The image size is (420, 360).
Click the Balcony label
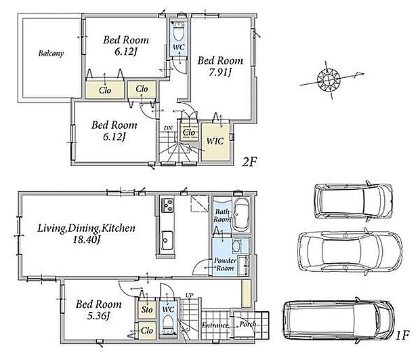tap(51, 54)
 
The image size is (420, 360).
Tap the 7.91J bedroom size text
tap(220, 73)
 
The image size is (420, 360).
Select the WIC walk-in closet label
tap(215, 141)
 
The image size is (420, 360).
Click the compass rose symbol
tap(329, 79)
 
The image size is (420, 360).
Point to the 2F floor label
tap(249, 162)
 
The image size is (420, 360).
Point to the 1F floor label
tap(402, 336)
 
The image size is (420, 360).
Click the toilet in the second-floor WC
tap(178, 31)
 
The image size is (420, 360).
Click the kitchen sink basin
tap(167, 241)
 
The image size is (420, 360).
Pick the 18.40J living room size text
tap(87, 240)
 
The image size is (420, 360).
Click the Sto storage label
tap(147, 310)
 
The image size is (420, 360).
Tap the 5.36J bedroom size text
tap(99, 317)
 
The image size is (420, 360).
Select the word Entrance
tap(215, 325)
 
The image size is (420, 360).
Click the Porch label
tap(248, 325)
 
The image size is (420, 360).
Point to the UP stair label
tap(190, 296)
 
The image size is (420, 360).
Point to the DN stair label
tap(168, 128)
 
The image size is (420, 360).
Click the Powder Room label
tap(225, 264)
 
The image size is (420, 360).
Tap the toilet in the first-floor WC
tap(168, 324)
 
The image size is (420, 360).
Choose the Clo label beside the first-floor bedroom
tap(147, 331)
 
